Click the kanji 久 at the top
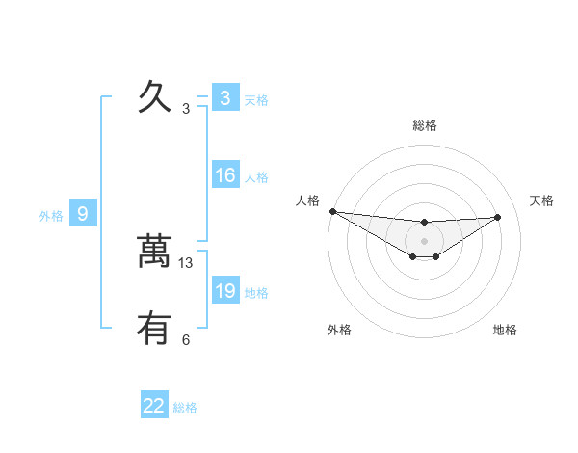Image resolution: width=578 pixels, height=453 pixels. (x=154, y=97)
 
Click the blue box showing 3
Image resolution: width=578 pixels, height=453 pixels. (x=224, y=98)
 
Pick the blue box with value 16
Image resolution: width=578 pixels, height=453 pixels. (x=224, y=175)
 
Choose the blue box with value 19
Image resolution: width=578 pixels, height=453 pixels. (x=224, y=291)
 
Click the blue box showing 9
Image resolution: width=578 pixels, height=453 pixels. (x=83, y=214)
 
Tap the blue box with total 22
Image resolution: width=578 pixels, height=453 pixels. (x=154, y=406)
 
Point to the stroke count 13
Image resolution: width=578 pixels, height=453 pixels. (x=186, y=262)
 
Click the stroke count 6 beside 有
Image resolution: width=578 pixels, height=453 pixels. (x=186, y=339)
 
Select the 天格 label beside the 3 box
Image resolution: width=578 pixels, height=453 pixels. (x=256, y=100)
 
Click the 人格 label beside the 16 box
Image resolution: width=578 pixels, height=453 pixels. (x=256, y=177)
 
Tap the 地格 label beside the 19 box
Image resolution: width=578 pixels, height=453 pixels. (x=256, y=293)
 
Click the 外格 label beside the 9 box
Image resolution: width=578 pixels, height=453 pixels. (x=51, y=216)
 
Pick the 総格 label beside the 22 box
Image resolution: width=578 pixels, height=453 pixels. (x=185, y=408)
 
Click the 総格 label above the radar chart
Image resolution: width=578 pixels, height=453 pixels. (x=424, y=125)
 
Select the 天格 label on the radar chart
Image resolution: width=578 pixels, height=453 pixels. (x=541, y=200)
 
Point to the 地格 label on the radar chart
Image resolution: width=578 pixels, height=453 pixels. (x=505, y=330)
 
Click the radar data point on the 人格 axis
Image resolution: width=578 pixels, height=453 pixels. (x=332, y=210)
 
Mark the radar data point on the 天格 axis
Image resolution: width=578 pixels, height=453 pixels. (x=497, y=217)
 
